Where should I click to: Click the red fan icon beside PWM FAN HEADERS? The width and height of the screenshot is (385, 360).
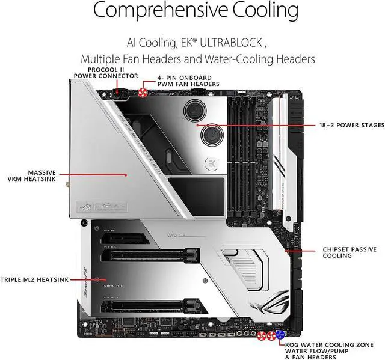click(x=143, y=91)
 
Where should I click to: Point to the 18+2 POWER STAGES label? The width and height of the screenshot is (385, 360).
click(x=351, y=125)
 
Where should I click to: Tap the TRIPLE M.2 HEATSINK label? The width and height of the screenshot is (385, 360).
click(x=35, y=279)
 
